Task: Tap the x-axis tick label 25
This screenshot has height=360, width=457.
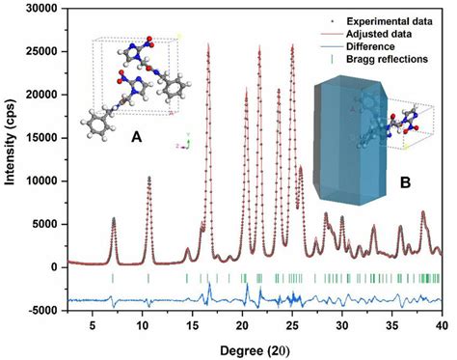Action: click(x=292, y=327)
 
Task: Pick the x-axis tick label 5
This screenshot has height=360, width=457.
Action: click(x=93, y=327)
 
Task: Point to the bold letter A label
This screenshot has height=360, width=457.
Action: click(x=137, y=139)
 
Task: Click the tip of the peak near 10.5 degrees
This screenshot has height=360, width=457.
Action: click(x=148, y=178)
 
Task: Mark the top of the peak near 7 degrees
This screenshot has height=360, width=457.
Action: click(x=114, y=219)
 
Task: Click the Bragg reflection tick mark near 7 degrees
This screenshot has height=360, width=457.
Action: click(x=113, y=278)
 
